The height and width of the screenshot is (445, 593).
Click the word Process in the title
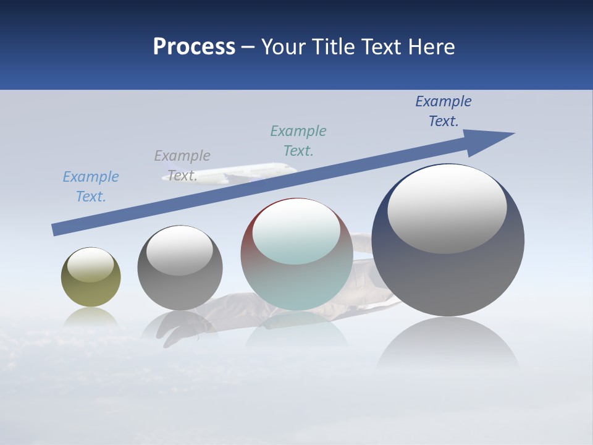coord(194,47)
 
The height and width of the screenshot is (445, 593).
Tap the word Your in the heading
coord(284,47)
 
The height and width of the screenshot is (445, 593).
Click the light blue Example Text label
coord(91,187)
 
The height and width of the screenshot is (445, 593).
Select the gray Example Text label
coord(182,166)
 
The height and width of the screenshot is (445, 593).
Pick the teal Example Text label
coord(298,141)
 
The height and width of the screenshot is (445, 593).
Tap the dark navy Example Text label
coord(444,111)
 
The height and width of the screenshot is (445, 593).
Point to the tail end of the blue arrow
coord(57,229)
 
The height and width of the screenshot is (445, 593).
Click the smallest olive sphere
coord(91,290)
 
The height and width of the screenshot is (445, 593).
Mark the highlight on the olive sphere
coord(91,265)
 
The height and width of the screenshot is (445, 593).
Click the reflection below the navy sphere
coord(448,343)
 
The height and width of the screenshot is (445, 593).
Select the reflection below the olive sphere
coord(91,317)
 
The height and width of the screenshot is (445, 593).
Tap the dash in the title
coord(248,48)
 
